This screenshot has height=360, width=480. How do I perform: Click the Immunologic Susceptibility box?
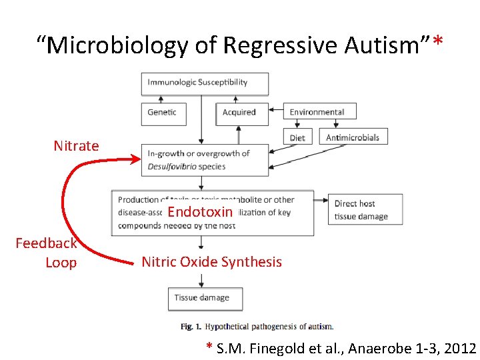coord(205,83)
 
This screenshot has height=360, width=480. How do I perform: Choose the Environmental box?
coord(319,111)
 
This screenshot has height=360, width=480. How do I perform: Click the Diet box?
coord(297,137)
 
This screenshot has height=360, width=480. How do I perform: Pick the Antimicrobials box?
coord(353,137)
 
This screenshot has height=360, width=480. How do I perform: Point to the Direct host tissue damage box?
coord(365,209)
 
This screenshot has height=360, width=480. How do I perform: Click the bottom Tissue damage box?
coord(205,298)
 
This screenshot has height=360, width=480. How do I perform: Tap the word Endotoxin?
coord(200,213)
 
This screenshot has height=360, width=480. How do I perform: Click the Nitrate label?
coord(76,146)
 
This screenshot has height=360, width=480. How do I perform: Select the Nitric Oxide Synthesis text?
coord(211,262)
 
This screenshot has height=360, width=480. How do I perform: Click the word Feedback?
coord(46,243)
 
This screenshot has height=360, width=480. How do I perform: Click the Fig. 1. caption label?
coord(191,327)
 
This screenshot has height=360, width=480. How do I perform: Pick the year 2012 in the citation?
coord(459,348)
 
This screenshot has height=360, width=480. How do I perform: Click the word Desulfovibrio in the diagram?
coord(172,167)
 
